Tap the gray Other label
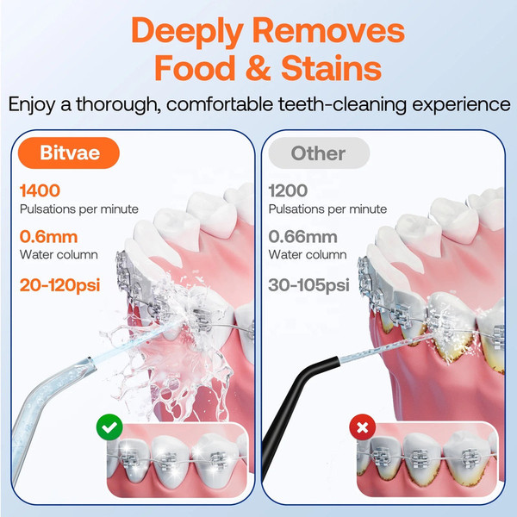point(318,153)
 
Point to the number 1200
point(288,190)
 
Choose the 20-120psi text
point(68,283)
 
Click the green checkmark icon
point(110,427)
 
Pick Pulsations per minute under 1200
point(327,209)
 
